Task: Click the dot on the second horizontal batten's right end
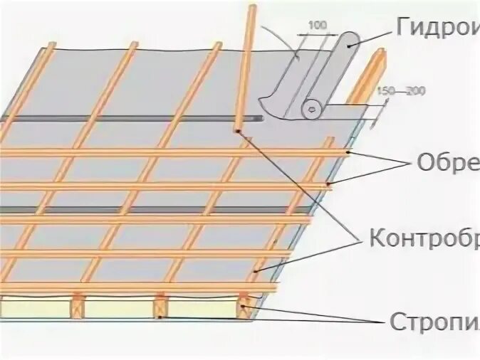pyautogui.click(x=329, y=185)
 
